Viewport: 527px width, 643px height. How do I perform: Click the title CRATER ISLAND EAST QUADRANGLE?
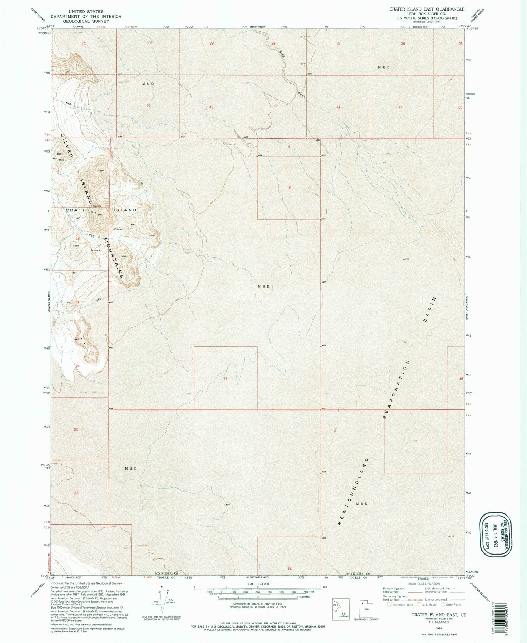point(427,9)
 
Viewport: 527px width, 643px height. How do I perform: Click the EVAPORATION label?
point(396,389)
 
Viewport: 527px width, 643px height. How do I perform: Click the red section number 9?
point(289,147)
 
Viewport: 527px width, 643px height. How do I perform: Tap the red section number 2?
point(416,441)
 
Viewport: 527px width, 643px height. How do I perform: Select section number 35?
point(401,107)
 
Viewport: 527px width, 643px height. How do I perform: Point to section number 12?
point(78,238)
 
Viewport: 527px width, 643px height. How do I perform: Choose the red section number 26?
point(403,44)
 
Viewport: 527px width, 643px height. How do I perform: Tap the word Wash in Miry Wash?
point(301,94)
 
